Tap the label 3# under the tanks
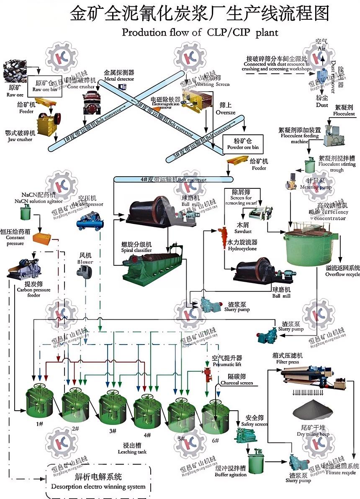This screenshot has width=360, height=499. coord(112,431)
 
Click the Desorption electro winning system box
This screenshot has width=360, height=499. coord(98,481)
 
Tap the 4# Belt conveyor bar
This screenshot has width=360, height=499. coord(173,180)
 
